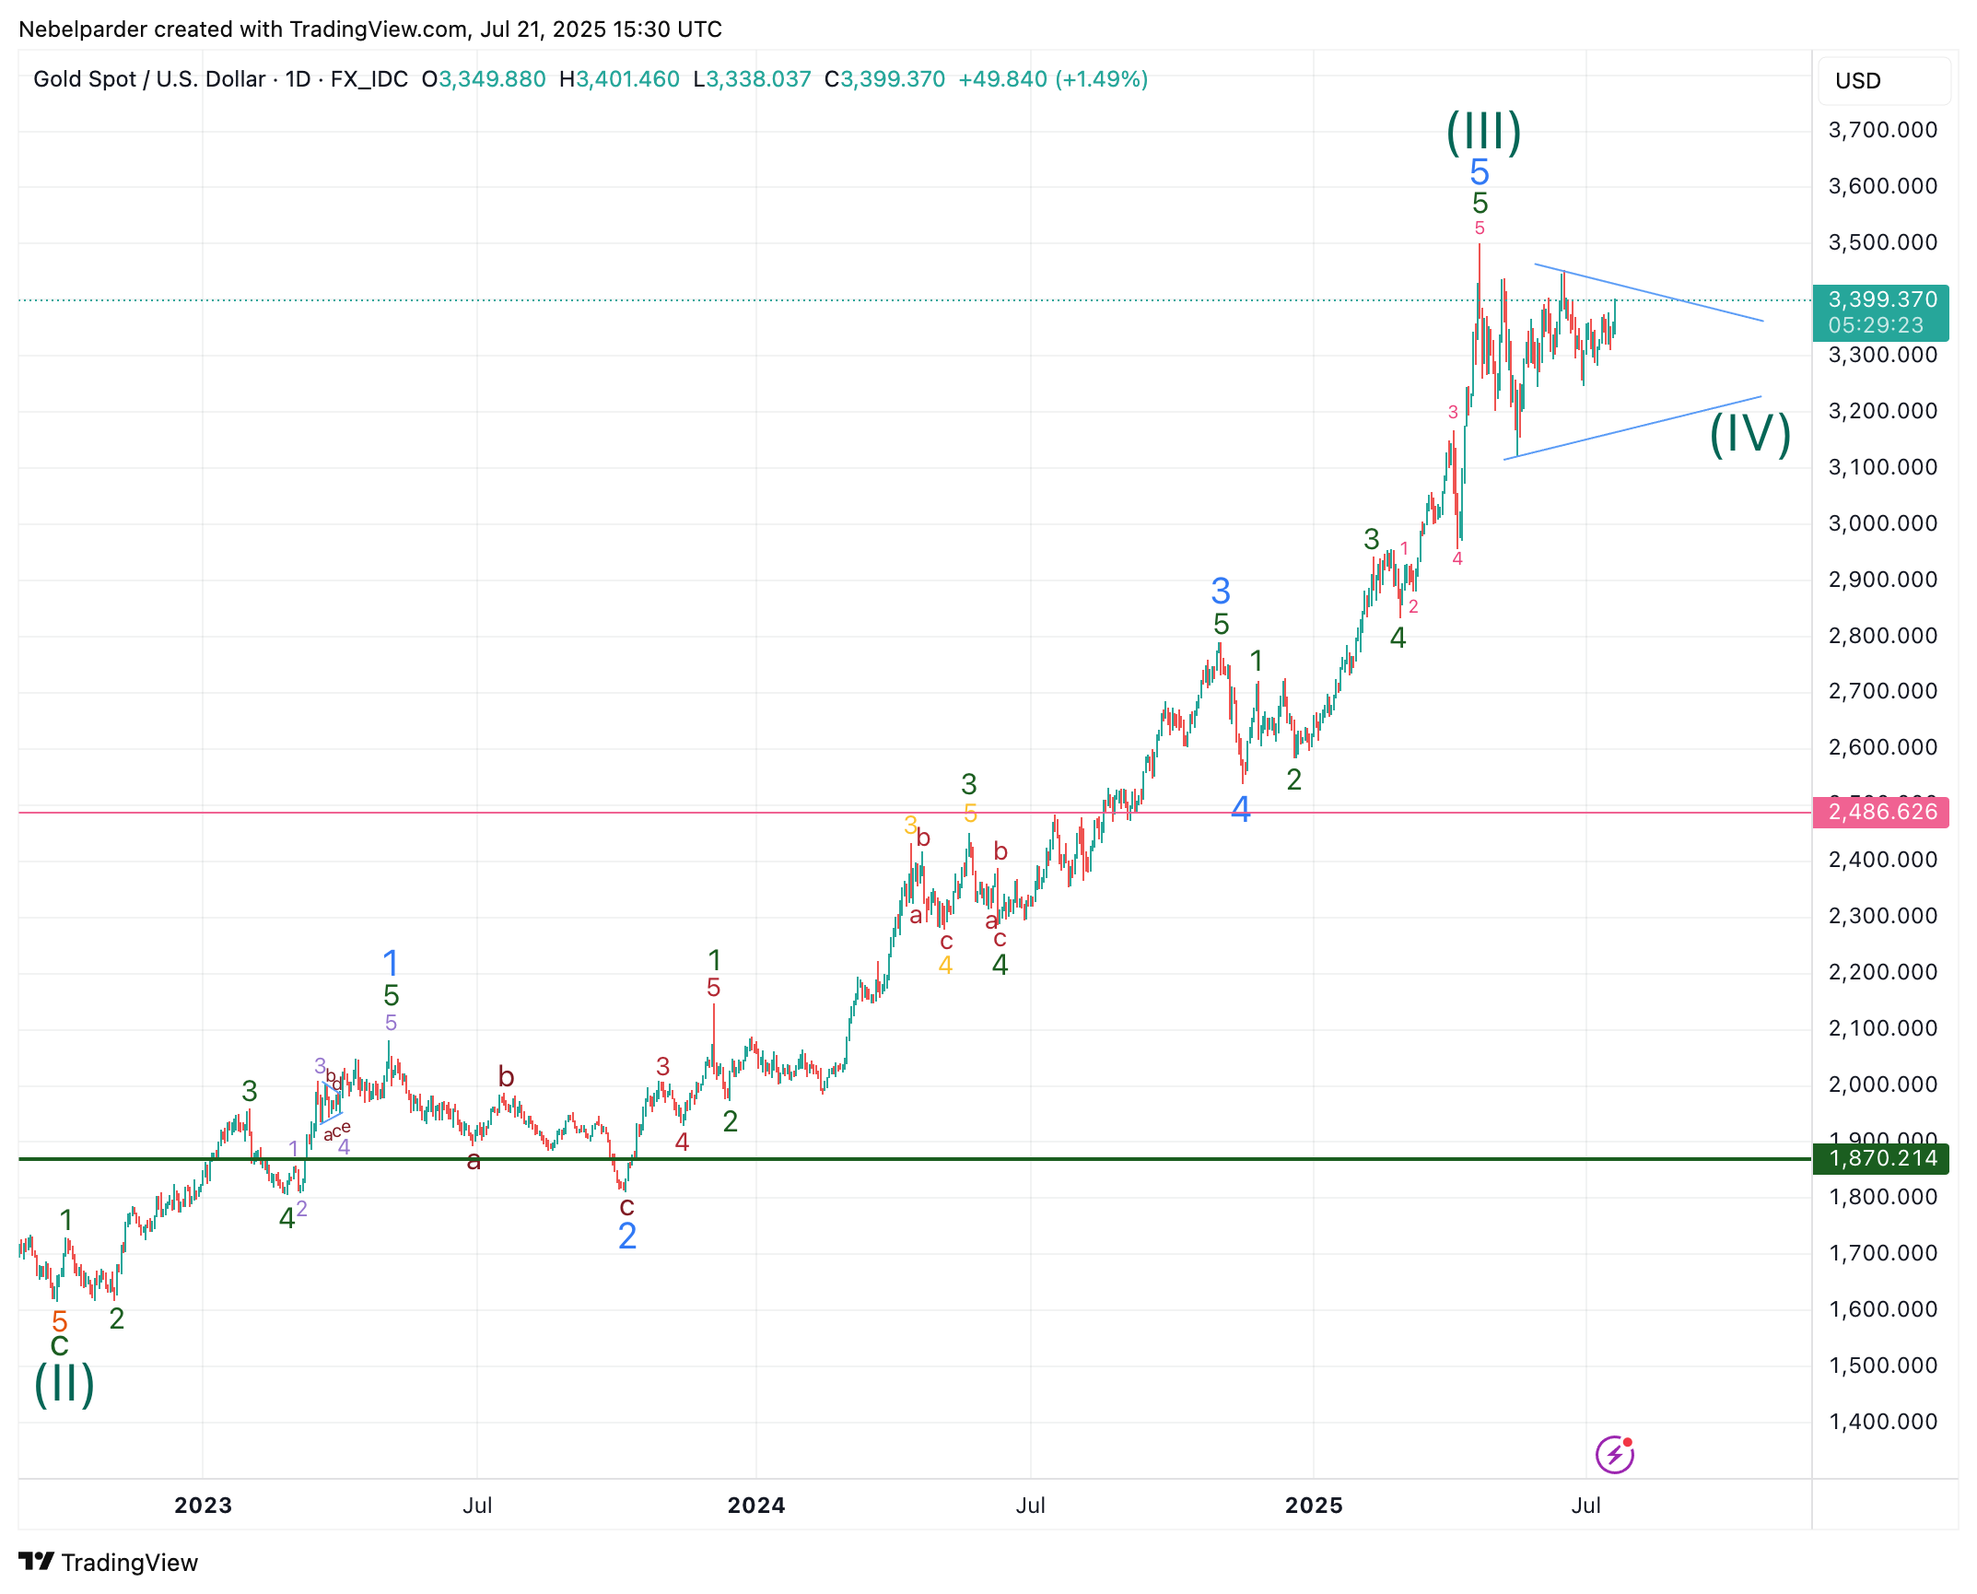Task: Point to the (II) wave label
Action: point(64,1384)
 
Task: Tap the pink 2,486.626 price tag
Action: point(1881,812)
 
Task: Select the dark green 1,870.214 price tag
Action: point(1881,1158)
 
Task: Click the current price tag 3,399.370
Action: point(1881,300)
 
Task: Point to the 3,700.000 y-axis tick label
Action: point(1881,130)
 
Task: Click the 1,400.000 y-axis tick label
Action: point(1881,1422)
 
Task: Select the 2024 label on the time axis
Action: point(755,1506)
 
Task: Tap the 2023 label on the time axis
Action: point(203,1506)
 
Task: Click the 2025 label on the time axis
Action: point(1314,1506)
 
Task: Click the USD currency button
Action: point(1857,81)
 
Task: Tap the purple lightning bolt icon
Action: point(1614,1455)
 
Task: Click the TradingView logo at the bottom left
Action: point(108,1563)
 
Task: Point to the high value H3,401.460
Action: point(619,79)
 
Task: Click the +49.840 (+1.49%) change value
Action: point(1053,79)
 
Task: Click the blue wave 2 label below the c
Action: point(627,1237)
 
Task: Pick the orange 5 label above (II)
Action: point(60,1320)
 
